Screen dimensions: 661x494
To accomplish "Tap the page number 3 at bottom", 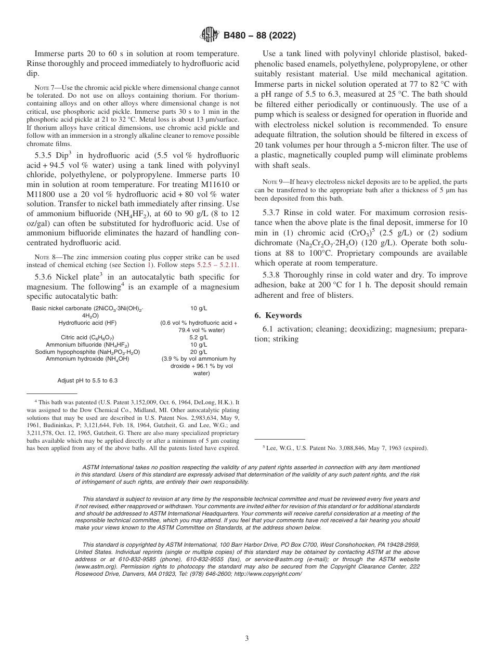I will click(x=247, y=638).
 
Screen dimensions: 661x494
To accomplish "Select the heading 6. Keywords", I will click(x=278, y=315).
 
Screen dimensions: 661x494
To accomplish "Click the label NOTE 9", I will click(x=271, y=181).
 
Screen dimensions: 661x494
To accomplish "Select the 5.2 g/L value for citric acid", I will click(x=199, y=337).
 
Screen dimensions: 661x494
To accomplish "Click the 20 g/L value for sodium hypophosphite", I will click(x=199, y=352).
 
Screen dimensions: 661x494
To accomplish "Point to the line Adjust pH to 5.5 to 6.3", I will click(x=87, y=380).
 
